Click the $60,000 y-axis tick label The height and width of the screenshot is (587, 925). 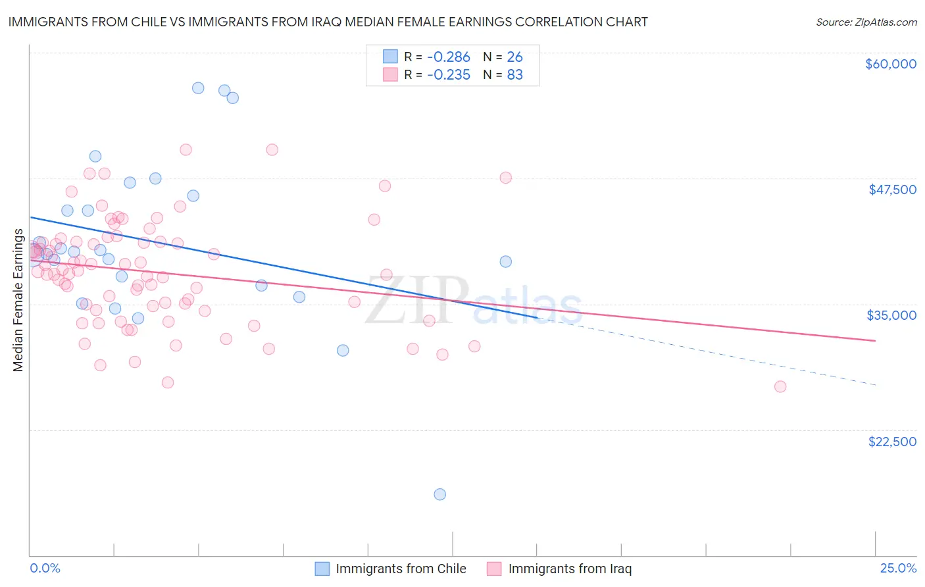coord(890,64)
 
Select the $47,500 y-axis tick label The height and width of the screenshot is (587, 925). coord(892,190)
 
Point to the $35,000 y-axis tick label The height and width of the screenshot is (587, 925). coord(891,315)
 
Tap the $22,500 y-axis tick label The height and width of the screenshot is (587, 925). coord(892,442)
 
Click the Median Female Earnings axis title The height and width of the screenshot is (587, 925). coord(18,300)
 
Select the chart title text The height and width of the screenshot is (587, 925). coord(328,22)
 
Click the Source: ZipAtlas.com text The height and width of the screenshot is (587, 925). coord(866,22)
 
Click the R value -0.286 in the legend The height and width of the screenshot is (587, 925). coord(449,57)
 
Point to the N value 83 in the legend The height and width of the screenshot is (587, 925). coord(514,75)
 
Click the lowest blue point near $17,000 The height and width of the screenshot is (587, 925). coord(440,494)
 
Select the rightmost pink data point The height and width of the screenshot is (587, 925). coord(780,386)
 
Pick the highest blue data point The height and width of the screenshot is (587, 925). coord(198,88)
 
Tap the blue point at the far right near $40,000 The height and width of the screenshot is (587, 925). coord(505,261)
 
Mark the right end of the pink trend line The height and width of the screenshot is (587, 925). coord(875,340)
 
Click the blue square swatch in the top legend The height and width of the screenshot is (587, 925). coord(390,57)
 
